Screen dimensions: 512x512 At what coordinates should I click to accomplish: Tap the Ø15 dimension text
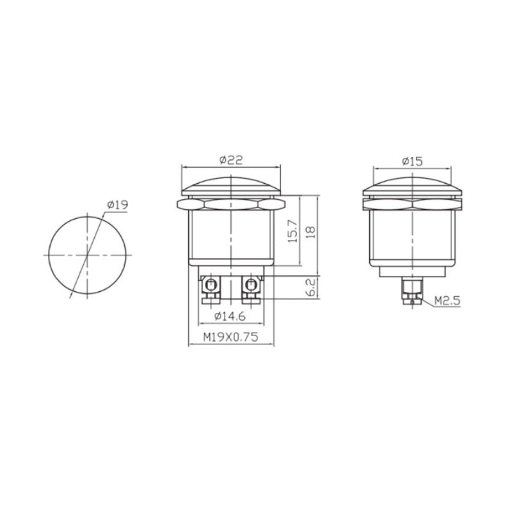[x=412, y=162]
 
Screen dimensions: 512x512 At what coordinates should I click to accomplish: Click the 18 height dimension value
[x=312, y=232]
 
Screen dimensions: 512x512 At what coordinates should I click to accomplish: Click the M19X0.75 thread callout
[x=230, y=338]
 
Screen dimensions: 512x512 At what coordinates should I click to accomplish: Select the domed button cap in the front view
[x=230, y=186]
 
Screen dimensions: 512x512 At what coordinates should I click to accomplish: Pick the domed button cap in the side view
[x=413, y=186]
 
